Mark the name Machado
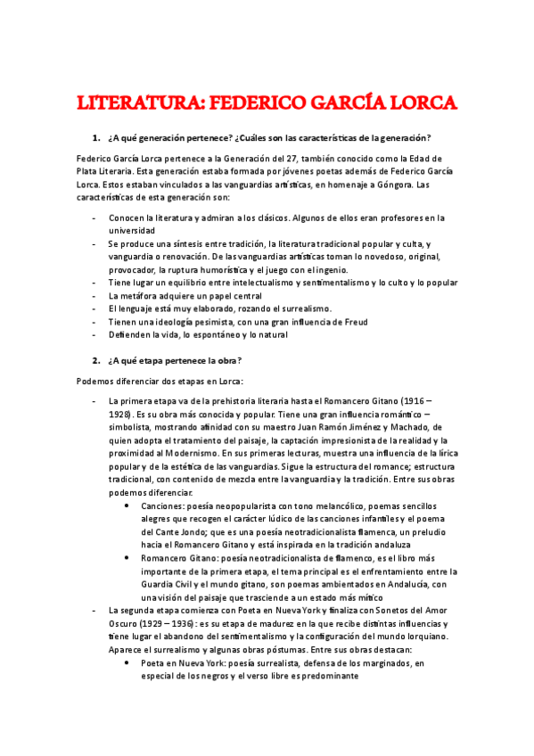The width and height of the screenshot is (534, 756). [407, 427]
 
